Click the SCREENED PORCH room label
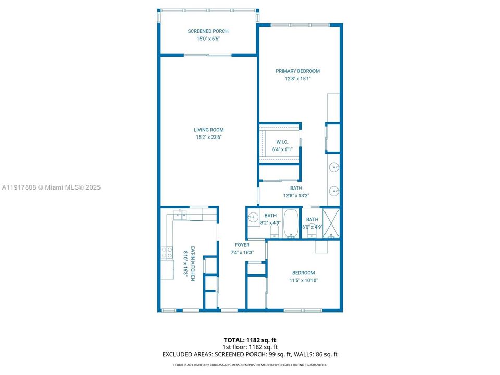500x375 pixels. (x=208, y=31)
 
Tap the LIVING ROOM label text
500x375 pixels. (x=208, y=130)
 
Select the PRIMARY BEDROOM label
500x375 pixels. (x=297, y=71)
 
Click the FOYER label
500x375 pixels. (x=242, y=245)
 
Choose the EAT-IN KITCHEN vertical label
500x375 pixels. (x=192, y=264)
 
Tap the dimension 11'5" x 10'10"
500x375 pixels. (x=303, y=280)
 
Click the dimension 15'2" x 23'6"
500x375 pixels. (x=208, y=137)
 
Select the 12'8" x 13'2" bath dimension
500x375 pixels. (x=296, y=196)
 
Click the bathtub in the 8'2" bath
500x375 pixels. (x=290, y=223)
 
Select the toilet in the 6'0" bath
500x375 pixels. (x=312, y=229)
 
